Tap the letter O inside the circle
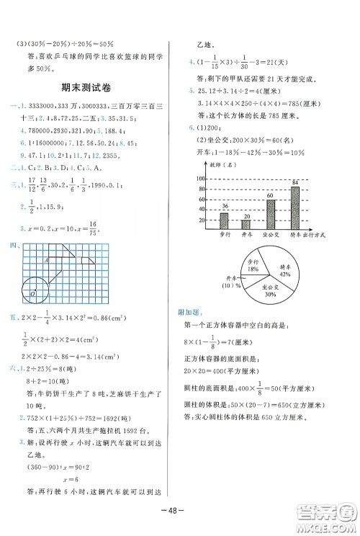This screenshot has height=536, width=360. [x=32, y=295]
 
